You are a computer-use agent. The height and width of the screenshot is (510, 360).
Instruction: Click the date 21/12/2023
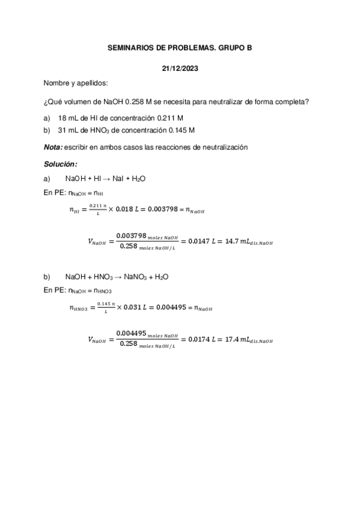(180, 68)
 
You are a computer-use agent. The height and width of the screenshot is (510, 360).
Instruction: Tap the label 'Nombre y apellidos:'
(76, 83)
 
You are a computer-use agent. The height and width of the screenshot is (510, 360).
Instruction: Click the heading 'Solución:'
(61, 164)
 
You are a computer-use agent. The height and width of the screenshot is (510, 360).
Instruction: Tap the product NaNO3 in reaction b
(136, 277)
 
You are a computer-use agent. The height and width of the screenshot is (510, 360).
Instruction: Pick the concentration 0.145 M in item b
(181, 130)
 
